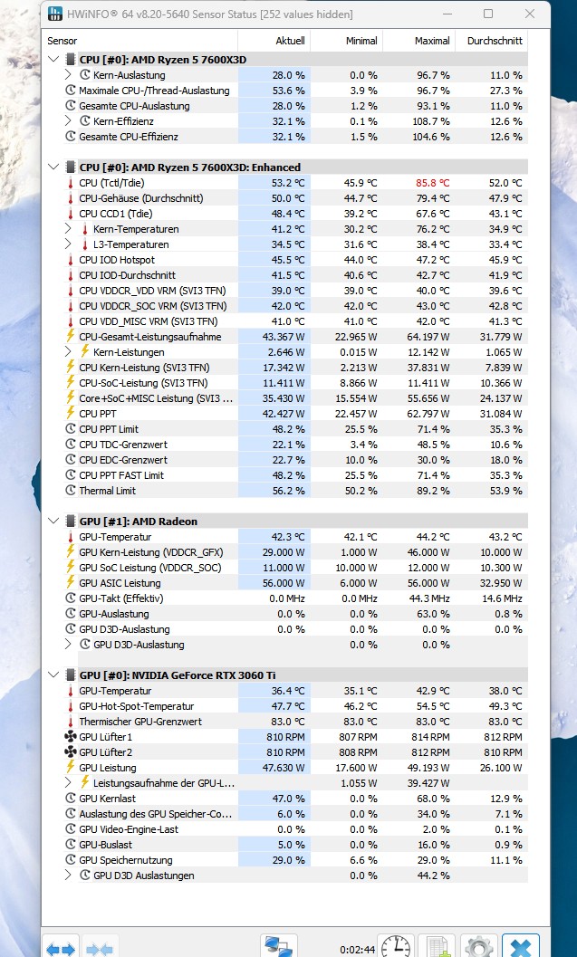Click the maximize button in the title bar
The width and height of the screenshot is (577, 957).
[x=488, y=14]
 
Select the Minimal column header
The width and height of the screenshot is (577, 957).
[x=361, y=41]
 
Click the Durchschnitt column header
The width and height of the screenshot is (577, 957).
[x=495, y=41]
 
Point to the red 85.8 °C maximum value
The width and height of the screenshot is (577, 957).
[x=432, y=183]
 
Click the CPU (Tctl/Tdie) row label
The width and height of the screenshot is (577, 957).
[x=111, y=183]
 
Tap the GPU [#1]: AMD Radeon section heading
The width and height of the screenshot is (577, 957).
[x=138, y=522]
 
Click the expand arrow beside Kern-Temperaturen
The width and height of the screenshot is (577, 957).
[x=68, y=229]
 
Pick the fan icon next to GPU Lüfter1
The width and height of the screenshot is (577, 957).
[x=71, y=737]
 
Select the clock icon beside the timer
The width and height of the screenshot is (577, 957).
[x=396, y=947]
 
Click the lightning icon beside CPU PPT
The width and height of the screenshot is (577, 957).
[x=71, y=414]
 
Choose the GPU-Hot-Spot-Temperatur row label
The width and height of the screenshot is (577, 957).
[x=136, y=706]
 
